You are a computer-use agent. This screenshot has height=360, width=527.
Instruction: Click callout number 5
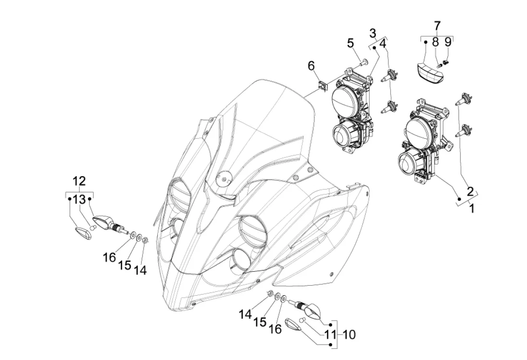350,43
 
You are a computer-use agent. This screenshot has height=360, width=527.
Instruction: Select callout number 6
311,66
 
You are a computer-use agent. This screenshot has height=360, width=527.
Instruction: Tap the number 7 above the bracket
437,26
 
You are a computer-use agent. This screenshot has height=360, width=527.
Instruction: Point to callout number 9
448,42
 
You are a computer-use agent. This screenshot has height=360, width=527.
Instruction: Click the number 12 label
79,181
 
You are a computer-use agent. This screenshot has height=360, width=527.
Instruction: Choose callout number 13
80,199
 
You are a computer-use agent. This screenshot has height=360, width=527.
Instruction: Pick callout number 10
349,335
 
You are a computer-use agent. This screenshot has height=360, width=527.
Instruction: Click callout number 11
330,335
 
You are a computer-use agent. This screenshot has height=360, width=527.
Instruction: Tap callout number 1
472,208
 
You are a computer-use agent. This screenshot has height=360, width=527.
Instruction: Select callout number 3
373,34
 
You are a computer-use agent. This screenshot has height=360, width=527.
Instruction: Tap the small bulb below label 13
94,228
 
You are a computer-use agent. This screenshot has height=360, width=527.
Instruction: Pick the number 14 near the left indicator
140,270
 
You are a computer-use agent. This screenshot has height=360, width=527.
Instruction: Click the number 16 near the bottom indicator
275,329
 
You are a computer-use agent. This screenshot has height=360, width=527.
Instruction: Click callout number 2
470,191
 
